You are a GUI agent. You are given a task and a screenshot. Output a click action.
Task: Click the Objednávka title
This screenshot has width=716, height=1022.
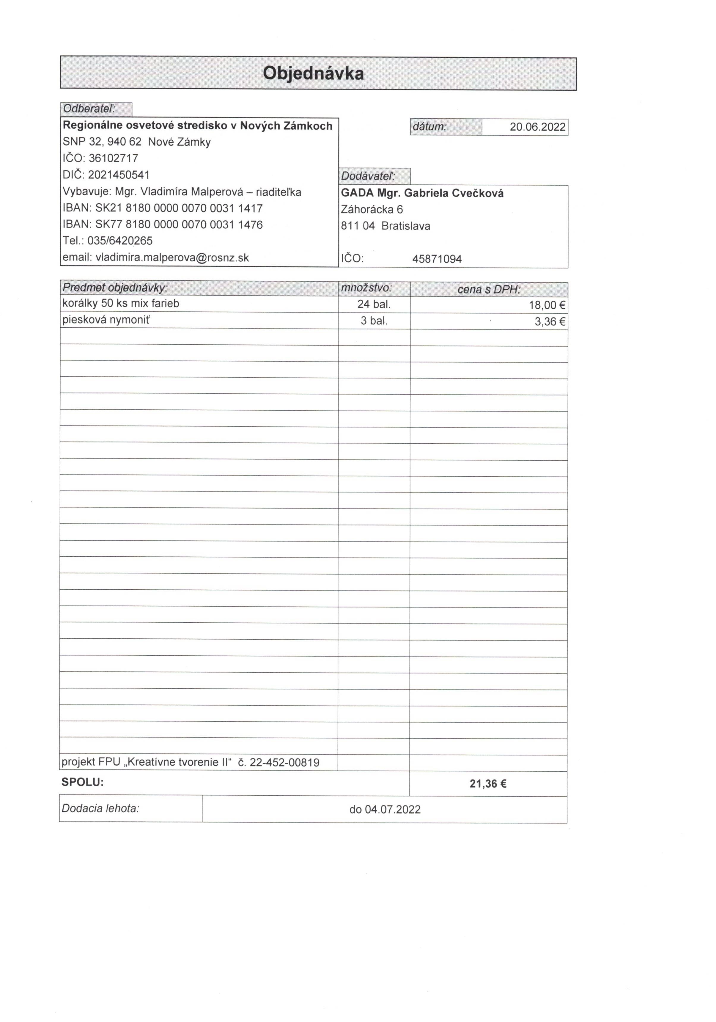[x=313, y=73]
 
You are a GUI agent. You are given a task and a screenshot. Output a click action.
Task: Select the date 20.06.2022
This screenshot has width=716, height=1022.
[x=537, y=127]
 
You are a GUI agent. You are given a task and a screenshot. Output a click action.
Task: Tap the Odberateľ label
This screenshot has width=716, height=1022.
[x=89, y=109]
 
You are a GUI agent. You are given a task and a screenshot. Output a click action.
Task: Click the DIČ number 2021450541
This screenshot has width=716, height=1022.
[x=119, y=175]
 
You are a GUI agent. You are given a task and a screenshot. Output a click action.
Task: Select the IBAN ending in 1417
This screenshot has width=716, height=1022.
[x=179, y=208]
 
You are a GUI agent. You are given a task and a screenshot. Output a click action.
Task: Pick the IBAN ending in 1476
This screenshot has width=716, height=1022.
[x=179, y=225]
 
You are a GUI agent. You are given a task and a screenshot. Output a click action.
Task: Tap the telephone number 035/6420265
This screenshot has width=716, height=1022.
[x=120, y=241]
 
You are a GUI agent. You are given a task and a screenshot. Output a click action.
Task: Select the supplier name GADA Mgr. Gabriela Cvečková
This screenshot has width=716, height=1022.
[x=422, y=193]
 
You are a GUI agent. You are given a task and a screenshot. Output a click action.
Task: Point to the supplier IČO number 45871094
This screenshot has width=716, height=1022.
[x=437, y=259]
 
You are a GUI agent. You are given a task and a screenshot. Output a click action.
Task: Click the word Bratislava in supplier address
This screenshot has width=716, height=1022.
[x=405, y=226]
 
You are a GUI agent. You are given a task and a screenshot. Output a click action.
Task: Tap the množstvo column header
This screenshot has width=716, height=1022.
[x=366, y=288]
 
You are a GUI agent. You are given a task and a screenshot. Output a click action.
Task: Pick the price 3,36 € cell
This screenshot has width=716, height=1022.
[x=550, y=321]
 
